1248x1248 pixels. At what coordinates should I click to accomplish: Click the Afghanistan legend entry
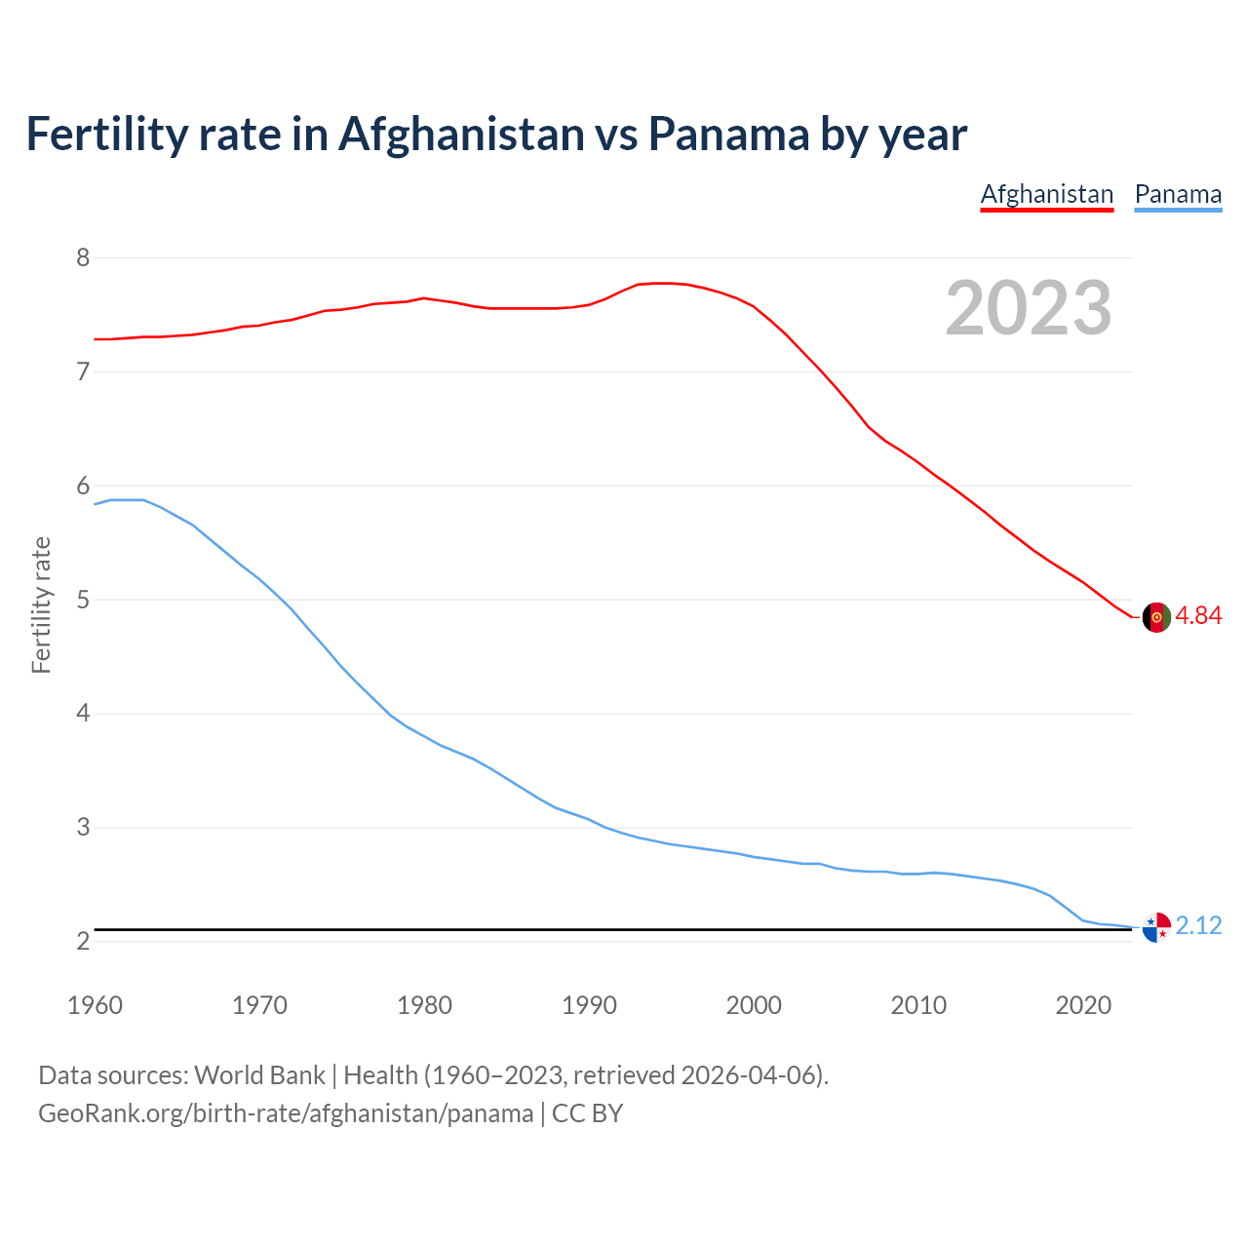(1046, 194)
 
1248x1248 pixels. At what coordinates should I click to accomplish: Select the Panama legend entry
(1178, 194)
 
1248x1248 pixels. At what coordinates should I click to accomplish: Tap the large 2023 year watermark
(1029, 308)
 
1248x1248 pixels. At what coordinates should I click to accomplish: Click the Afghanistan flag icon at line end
(1155, 617)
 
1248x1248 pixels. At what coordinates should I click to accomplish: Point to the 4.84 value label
(1198, 616)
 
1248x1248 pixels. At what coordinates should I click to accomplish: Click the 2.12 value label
(1198, 925)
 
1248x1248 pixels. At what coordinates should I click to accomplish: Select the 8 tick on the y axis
(83, 257)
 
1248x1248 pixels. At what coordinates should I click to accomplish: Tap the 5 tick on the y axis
(83, 600)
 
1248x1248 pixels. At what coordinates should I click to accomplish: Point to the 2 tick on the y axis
(83, 941)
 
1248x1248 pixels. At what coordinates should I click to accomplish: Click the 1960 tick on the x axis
(95, 1005)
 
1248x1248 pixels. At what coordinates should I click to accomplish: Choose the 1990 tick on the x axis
(589, 1005)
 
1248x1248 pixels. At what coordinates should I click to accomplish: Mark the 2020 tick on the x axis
(1083, 1005)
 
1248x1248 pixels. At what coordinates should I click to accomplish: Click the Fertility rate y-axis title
(41, 604)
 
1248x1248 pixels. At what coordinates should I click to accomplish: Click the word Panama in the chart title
(727, 134)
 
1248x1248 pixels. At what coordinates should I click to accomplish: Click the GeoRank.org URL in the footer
(286, 1113)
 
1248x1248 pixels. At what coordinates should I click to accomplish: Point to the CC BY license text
(587, 1113)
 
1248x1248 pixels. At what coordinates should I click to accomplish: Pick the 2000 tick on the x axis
(754, 1005)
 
